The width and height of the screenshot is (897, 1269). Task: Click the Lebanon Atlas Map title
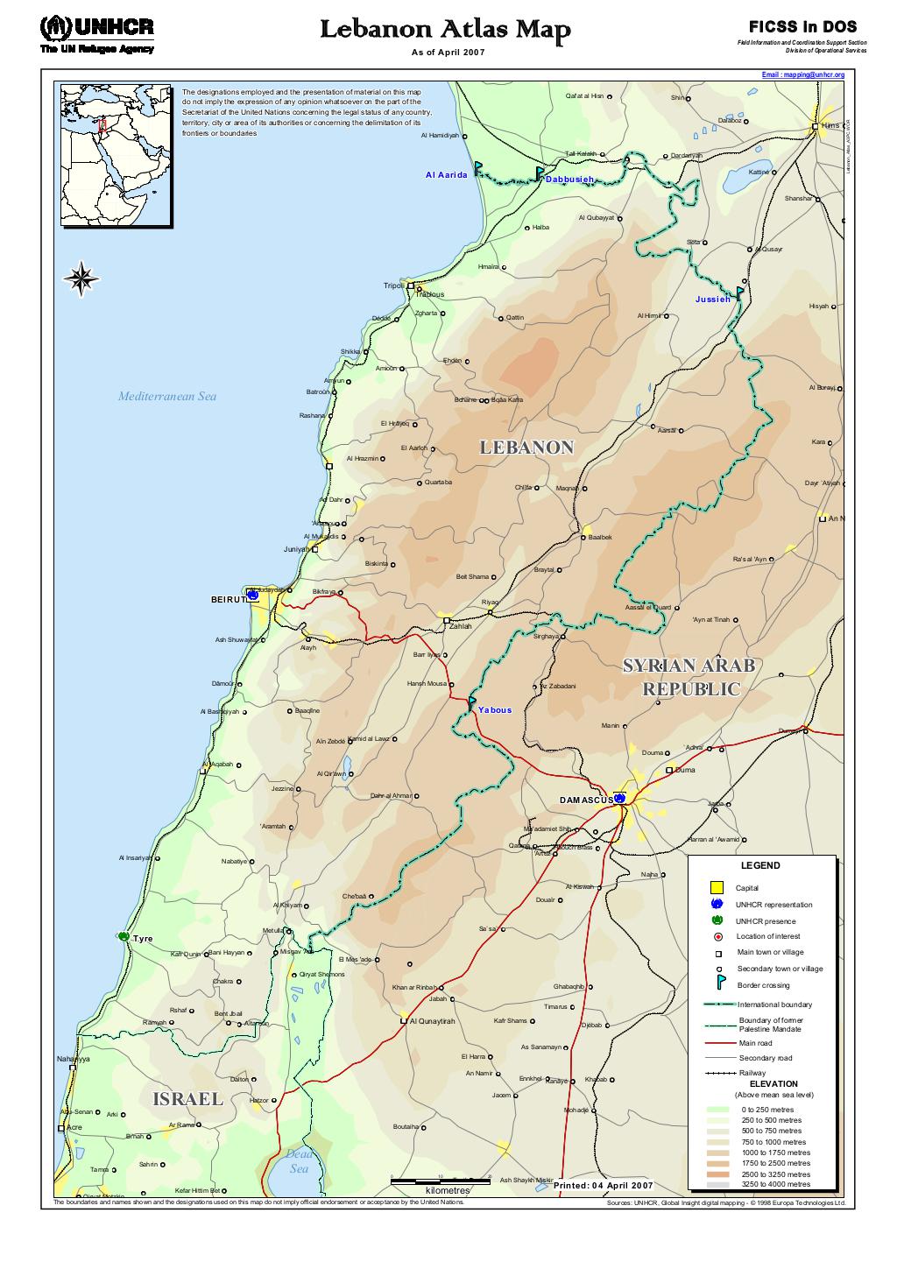(x=445, y=31)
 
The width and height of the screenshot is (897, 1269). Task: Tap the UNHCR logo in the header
(x=96, y=33)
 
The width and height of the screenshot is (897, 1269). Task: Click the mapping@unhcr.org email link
(x=802, y=75)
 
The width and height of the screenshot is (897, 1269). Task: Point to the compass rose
(x=81, y=279)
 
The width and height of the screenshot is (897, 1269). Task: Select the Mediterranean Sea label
(x=166, y=397)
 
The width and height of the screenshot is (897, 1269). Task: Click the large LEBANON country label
(x=526, y=448)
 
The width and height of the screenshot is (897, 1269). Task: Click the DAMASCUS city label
(x=586, y=800)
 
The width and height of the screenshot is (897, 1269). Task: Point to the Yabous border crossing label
(x=495, y=710)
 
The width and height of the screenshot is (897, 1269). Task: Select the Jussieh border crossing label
(x=712, y=300)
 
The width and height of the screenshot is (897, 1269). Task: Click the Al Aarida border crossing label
(x=447, y=174)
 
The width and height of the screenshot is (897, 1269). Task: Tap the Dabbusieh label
(x=569, y=180)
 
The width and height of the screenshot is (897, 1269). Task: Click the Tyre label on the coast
(x=143, y=939)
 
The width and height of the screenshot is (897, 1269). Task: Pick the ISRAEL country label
(x=187, y=1099)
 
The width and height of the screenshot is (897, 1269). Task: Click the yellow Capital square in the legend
(x=717, y=887)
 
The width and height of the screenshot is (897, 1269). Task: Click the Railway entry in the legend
(x=752, y=1073)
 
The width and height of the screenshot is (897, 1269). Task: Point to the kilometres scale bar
(x=441, y=1182)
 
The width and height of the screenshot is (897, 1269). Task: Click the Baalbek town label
(x=600, y=537)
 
